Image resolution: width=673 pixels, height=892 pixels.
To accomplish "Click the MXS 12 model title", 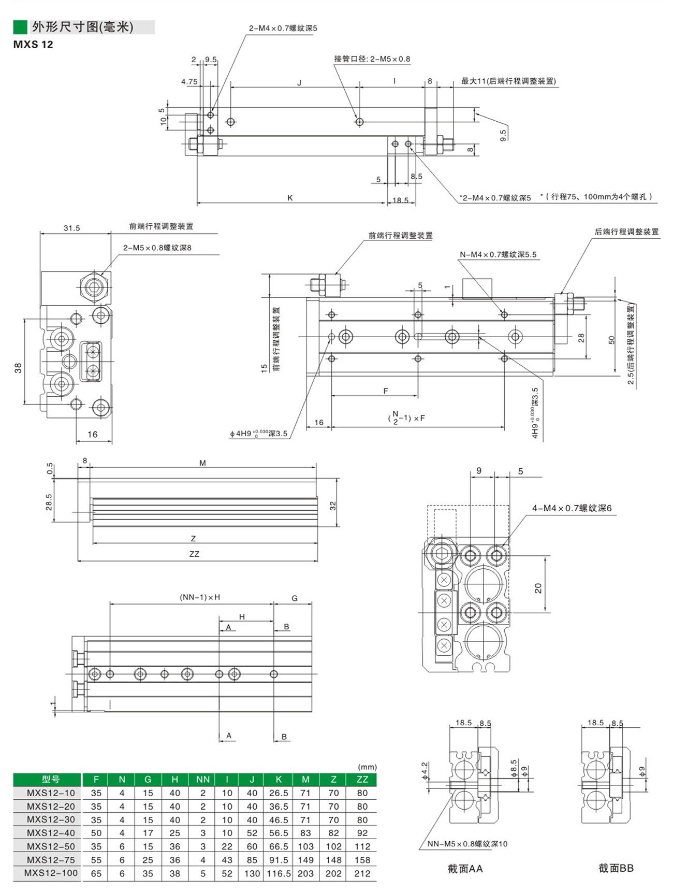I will tap(33, 45).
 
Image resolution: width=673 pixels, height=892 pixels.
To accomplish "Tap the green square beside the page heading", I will tap(20, 27).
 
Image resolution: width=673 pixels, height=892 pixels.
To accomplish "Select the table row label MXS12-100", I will tap(51, 873).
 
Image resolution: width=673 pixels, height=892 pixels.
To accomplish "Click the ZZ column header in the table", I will tap(362, 779).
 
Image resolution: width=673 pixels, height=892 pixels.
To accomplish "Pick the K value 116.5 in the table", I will tap(279, 873).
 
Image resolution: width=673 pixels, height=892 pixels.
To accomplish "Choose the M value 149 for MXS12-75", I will tap(305, 860).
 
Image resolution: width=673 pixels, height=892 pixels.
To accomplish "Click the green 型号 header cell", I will tap(51, 779).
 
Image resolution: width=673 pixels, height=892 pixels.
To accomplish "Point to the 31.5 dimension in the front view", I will tap(71, 228).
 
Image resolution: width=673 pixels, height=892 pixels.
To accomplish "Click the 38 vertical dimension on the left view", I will tap(18, 368).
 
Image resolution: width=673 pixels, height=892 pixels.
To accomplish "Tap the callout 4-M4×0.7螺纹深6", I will tap(572, 508).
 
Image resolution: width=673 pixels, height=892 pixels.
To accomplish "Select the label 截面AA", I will tap(465, 869).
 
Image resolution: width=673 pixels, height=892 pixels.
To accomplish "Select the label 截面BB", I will tap(616, 868).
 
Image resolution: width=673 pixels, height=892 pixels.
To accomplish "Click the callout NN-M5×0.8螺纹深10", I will tap(467, 844).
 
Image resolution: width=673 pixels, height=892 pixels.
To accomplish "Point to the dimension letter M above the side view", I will tap(202, 463).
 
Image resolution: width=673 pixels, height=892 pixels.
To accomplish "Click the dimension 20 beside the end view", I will tap(538, 588).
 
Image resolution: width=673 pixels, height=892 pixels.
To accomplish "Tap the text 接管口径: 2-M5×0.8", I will tap(372, 59).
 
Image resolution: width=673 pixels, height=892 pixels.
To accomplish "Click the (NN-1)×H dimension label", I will tap(200, 597).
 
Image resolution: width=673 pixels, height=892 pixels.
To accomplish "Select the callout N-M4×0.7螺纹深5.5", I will tap(498, 254).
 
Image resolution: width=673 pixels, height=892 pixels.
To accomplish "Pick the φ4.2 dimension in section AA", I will tap(425, 771).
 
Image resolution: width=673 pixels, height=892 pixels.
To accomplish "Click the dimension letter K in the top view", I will tap(290, 198).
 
